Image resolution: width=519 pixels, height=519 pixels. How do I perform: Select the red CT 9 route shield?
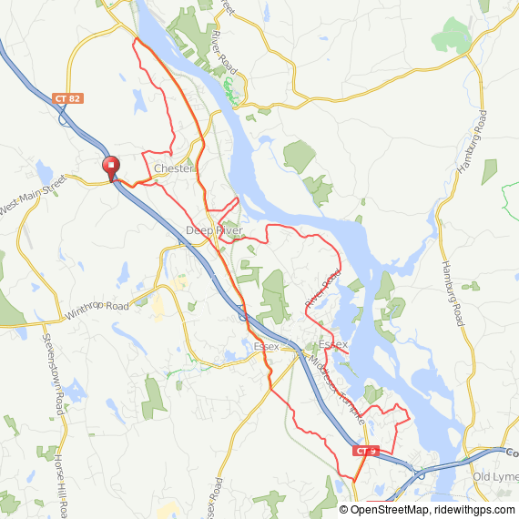pyautogui.click(x=365, y=451)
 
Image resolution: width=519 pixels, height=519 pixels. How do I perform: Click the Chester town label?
pyautogui.click(x=173, y=168)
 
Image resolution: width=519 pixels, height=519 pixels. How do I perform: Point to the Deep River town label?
pyautogui.click(x=214, y=230)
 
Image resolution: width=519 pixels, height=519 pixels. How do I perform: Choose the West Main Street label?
pyautogui.click(x=34, y=194)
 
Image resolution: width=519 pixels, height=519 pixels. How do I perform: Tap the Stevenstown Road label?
pyautogui.click(x=53, y=373)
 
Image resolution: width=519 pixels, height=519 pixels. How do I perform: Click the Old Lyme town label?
pyautogui.click(x=495, y=477)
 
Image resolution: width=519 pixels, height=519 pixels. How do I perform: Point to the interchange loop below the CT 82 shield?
pyautogui.click(x=63, y=116)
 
